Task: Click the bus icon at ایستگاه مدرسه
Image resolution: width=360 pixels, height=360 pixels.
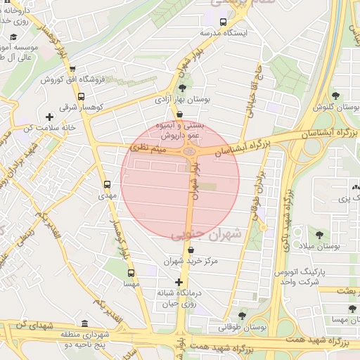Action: click(x=224, y=21)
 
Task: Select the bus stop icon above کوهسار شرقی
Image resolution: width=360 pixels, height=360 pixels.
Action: click(x=81, y=97)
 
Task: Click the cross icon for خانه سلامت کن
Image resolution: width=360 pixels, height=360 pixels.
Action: click(x=49, y=117)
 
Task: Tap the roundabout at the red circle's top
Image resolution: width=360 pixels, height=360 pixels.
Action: click(x=188, y=150)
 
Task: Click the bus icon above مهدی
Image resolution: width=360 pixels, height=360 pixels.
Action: click(x=107, y=185)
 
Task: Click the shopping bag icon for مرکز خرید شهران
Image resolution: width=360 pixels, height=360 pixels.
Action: click(x=191, y=249)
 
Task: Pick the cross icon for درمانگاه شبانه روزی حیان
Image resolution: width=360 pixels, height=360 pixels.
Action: click(x=179, y=282)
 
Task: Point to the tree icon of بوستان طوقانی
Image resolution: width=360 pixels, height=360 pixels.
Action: click(x=243, y=316)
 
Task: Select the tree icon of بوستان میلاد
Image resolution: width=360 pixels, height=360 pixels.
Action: click(x=320, y=235)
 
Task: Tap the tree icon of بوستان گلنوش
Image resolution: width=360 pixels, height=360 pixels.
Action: click(x=335, y=96)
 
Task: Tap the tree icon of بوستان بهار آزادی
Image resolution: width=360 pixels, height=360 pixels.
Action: click(x=183, y=88)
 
